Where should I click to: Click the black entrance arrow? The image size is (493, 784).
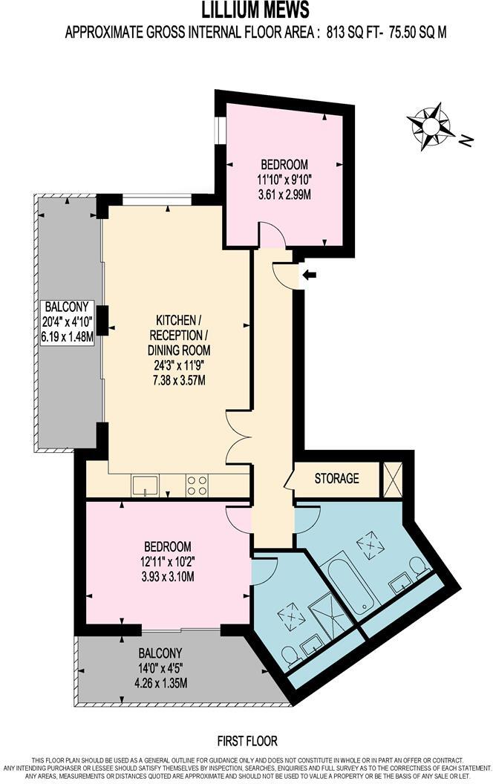pyautogui.click(x=310, y=275)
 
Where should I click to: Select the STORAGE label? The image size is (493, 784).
pyautogui.click(x=336, y=479)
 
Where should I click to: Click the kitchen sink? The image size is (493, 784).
pyautogui.click(x=144, y=486)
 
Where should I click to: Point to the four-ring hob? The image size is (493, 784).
pyautogui.click(x=197, y=486)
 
